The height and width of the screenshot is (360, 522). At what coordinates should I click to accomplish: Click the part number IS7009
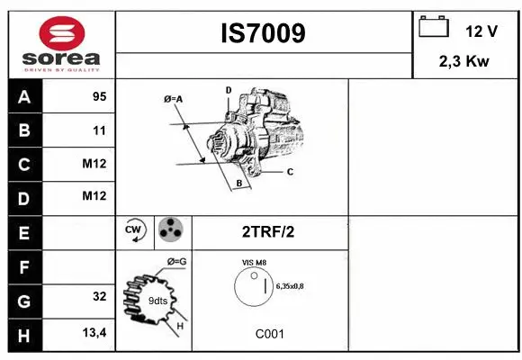click(x=263, y=33)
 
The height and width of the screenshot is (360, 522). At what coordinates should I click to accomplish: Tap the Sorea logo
click(x=61, y=45)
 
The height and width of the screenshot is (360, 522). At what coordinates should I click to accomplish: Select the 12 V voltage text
click(x=481, y=31)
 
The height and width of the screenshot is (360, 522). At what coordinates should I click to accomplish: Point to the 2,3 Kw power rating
click(x=464, y=62)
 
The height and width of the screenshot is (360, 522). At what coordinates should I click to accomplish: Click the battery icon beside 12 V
click(x=434, y=28)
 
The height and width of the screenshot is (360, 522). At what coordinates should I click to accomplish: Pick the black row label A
click(x=24, y=97)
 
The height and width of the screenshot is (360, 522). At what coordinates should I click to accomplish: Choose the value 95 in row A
click(x=99, y=97)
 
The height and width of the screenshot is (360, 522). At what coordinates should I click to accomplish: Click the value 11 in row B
click(x=99, y=130)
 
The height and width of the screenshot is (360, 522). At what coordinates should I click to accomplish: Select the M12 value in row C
click(x=94, y=164)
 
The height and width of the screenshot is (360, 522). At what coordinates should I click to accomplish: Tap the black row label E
click(x=24, y=231)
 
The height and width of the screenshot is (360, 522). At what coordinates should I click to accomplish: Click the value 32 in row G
click(x=99, y=296)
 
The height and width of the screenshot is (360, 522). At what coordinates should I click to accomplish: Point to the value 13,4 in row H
click(x=94, y=333)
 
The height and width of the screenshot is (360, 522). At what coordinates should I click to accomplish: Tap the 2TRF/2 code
click(x=268, y=231)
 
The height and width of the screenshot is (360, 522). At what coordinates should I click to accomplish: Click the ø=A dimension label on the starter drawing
click(x=174, y=99)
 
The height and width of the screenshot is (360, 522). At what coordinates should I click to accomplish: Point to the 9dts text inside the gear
click(x=158, y=300)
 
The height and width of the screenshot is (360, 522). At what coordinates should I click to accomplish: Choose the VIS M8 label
click(x=255, y=262)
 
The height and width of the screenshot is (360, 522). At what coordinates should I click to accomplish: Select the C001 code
click(x=269, y=334)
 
